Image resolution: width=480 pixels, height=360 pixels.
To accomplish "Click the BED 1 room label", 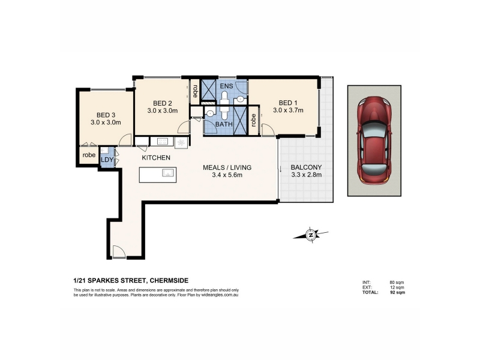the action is [288, 103].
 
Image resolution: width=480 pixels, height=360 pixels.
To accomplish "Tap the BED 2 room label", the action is [162, 103].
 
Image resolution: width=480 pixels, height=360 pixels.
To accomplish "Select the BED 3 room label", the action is [106, 115].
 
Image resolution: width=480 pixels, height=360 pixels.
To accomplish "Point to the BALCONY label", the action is [306, 167].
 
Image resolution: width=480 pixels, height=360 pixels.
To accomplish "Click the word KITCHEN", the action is [156, 158].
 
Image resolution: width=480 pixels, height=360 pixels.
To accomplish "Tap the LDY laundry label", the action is [107, 160].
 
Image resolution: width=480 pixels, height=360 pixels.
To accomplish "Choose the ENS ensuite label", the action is [227, 86].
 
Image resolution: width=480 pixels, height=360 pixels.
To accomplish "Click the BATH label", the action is [224, 124].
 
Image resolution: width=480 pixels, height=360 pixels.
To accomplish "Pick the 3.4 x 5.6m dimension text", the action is [227, 175].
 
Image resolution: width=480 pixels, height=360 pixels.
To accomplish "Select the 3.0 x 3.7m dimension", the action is [288, 110].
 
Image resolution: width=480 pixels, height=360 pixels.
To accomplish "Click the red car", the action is [374, 140].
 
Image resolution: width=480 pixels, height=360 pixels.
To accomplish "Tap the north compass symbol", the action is [311, 235].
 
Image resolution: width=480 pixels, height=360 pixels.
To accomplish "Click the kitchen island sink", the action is [169, 173].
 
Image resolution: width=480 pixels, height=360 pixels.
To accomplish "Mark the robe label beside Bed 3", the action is [89, 155].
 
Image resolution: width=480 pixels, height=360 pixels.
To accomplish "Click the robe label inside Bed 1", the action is [253, 120].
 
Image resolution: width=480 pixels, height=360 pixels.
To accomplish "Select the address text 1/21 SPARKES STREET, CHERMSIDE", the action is [131, 280].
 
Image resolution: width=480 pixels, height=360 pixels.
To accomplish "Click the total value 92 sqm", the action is [397, 292].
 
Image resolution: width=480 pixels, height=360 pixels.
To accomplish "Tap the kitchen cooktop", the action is [162, 142].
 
